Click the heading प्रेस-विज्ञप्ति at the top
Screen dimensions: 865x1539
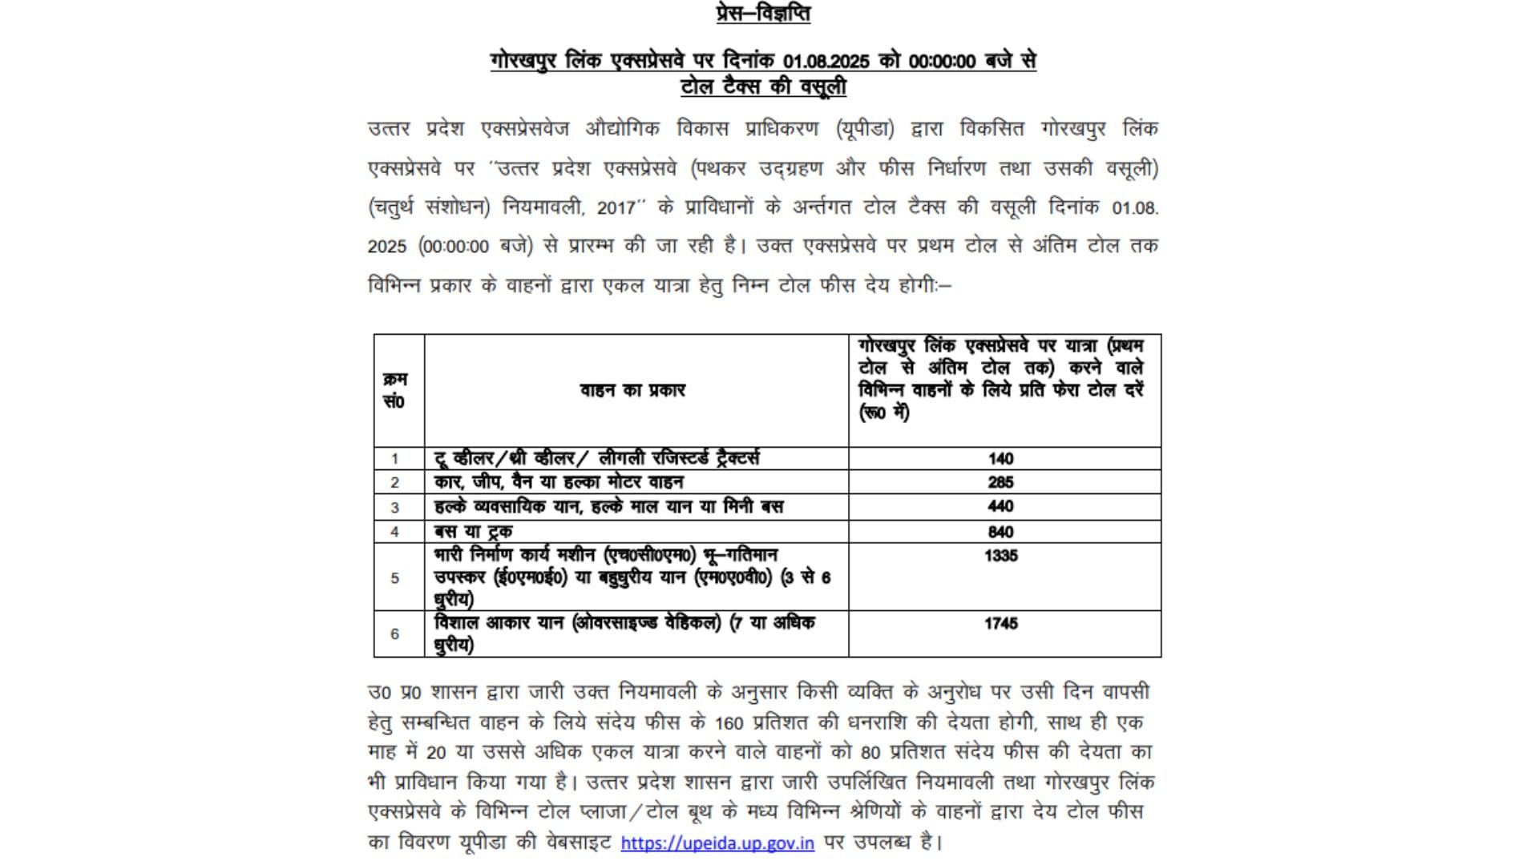pos(762,14)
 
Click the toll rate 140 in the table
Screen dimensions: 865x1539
pos(1000,459)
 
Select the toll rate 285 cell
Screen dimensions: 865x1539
pos(1000,482)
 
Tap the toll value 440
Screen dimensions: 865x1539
pos(1000,506)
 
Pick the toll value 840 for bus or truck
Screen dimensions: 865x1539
pos(1000,532)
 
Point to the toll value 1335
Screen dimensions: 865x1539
pos(1000,556)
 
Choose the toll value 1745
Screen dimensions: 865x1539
pos(1000,623)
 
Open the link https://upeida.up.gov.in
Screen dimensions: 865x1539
pos(717,843)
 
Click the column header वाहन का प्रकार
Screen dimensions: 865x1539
pos(632,390)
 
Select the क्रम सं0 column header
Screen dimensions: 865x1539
pos(394,390)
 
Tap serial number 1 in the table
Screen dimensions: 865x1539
pos(394,459)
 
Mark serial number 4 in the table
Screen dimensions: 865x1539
pos(394,532)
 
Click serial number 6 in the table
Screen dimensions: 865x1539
pos(394,634)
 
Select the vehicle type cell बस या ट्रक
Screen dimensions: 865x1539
pos(473,532)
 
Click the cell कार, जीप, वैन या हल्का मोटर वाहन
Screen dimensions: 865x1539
pos(559,482)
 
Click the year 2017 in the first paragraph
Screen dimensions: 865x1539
pos(616,207)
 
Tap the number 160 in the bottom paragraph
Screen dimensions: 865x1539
pos(729,722)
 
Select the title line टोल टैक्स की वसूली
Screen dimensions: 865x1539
pos(762,87)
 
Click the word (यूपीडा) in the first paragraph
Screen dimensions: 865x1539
pos(865,129)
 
